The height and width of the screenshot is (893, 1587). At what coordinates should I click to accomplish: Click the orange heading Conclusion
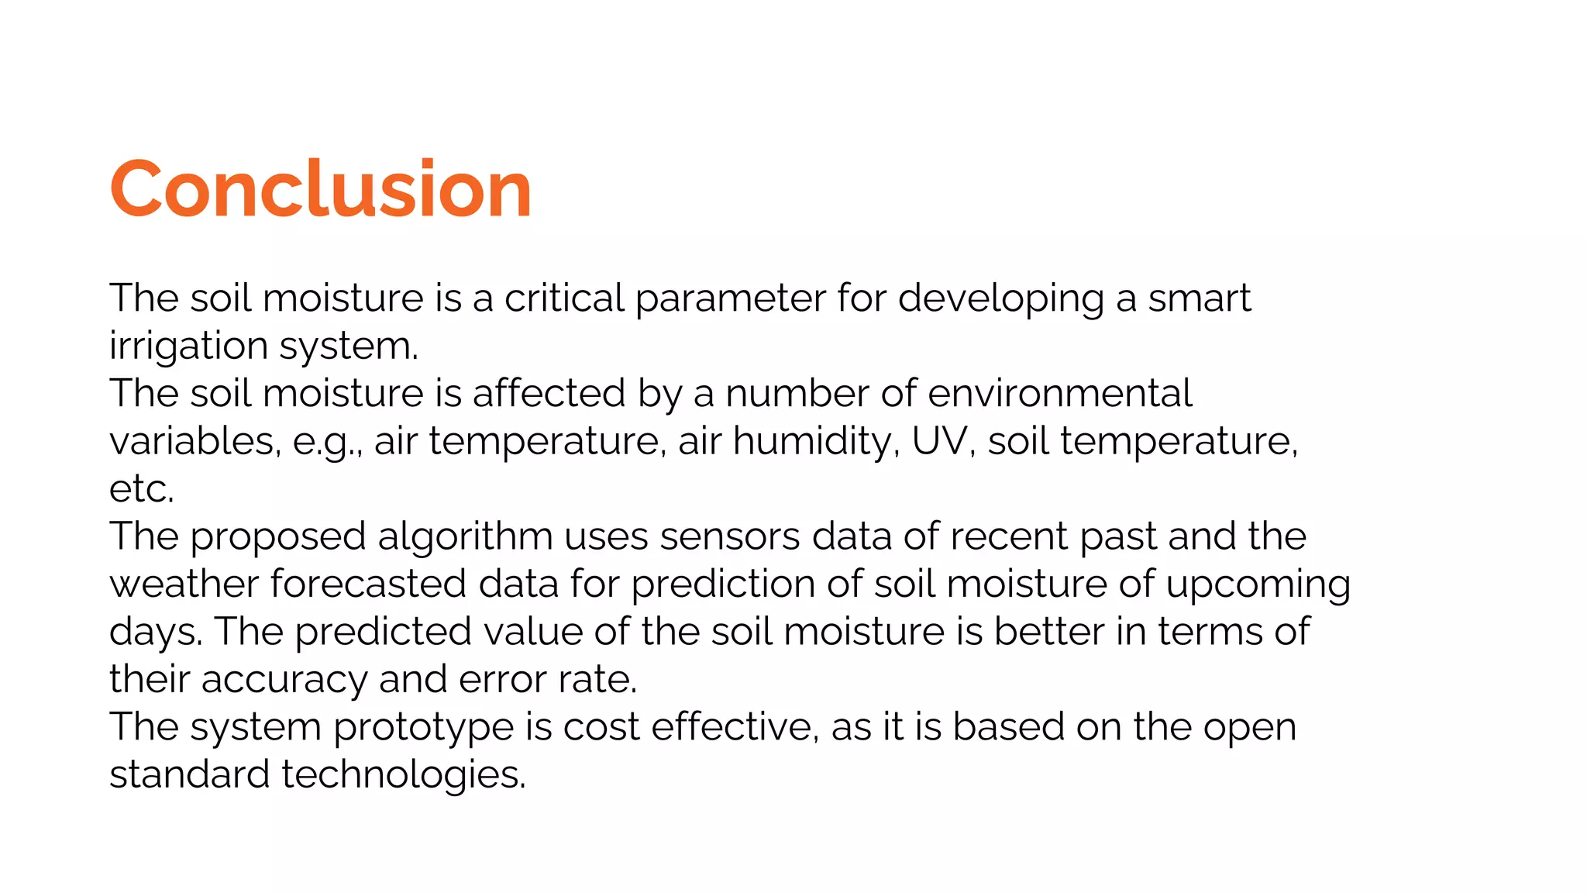321,188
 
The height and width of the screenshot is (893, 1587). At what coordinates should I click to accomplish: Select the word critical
564,298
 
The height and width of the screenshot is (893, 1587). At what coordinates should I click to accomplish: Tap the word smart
1199,298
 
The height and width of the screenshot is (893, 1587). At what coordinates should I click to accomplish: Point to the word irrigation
188,347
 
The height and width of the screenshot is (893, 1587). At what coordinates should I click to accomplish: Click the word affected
549,394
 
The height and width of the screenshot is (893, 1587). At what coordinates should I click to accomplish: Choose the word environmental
1059,394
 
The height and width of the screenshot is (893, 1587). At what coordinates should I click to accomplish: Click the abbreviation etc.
141,489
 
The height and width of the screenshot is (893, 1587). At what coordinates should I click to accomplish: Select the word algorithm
465,536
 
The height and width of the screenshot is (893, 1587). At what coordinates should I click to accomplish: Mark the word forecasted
368,584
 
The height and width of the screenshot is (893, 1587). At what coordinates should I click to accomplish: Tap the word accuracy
284,680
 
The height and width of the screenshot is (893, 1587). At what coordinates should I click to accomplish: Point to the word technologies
403,775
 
